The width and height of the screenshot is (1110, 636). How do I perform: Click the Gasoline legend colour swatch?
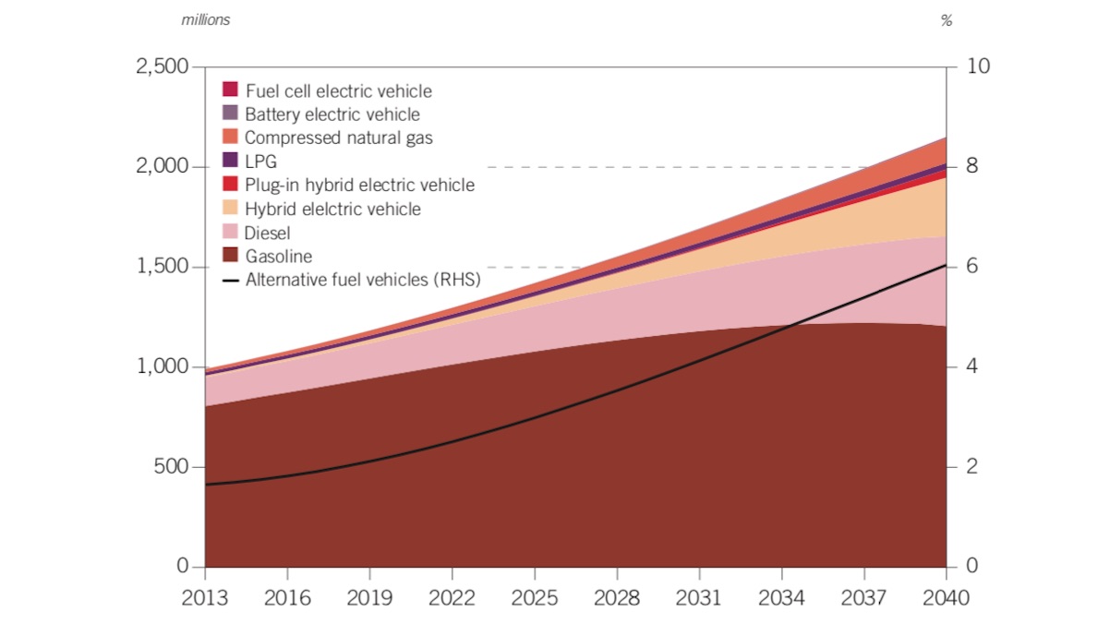(231, 256)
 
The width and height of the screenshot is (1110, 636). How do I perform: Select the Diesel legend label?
(267, 233)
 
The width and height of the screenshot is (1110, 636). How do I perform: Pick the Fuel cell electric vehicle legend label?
(338, 90)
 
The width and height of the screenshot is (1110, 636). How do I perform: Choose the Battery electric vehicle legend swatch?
(231, 114)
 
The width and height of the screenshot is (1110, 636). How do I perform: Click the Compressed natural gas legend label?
(339, 138)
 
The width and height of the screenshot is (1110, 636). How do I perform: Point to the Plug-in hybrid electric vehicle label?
(359, 186)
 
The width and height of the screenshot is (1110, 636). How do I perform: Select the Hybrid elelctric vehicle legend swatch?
(231, 209)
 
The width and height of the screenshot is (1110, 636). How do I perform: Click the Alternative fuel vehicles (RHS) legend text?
(363, 280)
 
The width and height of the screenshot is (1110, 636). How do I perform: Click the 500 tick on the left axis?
(173, 467)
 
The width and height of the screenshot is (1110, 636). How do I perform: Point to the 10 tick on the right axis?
(977, 66)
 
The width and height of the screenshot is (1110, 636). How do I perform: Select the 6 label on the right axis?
(971, 267)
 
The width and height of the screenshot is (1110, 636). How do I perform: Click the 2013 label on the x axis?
(205, 598)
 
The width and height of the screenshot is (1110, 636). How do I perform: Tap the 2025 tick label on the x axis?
(535, 598)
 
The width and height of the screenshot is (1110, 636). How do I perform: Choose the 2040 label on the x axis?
(947, 598)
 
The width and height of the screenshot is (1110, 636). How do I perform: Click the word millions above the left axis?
(205, 20)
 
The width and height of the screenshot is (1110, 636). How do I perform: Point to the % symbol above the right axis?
(947, 20)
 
